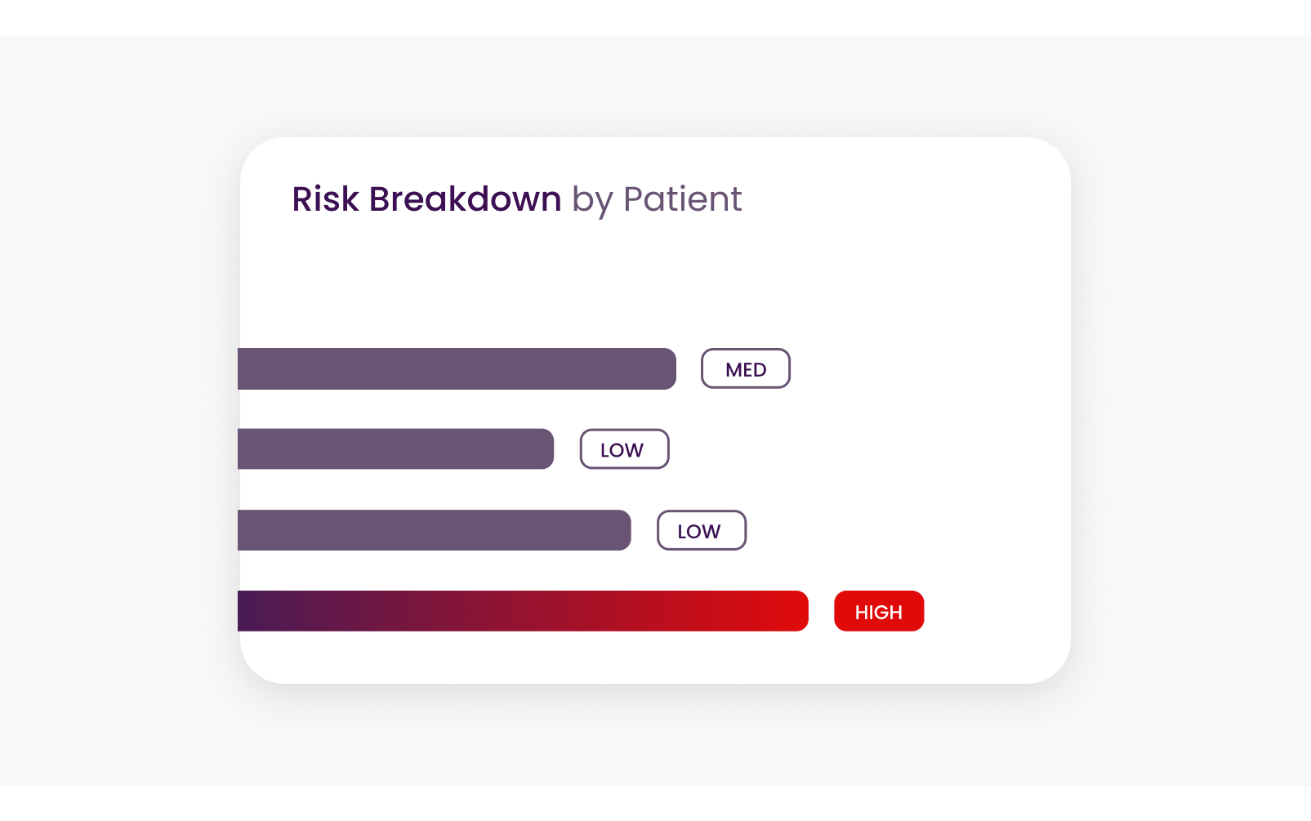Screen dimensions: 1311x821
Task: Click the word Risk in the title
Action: (x=325, y=199)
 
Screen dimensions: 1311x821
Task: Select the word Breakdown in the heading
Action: (x=466, y=199)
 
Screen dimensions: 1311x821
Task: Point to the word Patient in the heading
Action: (x=683, y=199)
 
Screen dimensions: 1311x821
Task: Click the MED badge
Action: (x=746, y=368)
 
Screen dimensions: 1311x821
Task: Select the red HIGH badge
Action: (x=879, y=611)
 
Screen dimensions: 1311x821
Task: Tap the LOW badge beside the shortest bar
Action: (x=625, y=448)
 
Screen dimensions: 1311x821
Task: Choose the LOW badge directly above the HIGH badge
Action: (x=702, y=530)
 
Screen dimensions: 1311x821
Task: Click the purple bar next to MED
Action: (x=457, y=368)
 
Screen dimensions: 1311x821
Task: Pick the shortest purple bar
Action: (x=395, y=448)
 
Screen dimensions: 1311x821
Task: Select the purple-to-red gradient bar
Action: (x=524, y=611)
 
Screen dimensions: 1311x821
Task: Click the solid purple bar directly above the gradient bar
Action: (x=435, y=530)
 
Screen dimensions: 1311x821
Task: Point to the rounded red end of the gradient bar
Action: (x=803, y=611)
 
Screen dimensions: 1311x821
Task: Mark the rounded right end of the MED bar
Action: (x=671, y=368)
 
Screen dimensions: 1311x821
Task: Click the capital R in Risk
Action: (x=303, y=199)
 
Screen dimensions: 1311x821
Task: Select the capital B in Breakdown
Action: (x=380, y=199)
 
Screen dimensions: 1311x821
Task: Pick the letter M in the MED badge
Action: (x=734, y=370)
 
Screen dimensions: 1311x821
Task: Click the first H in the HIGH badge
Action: (x=861, y=612)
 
